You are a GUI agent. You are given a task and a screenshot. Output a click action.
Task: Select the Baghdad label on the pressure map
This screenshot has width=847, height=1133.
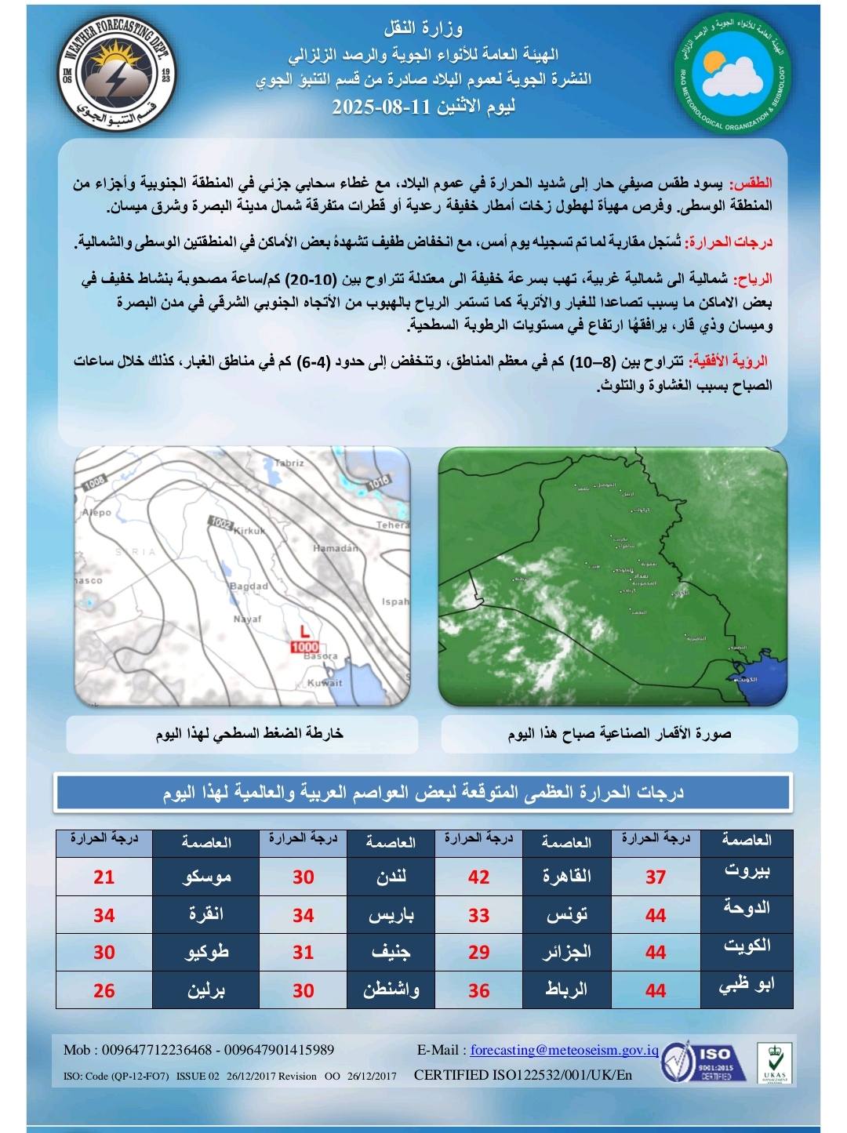click(249, 586)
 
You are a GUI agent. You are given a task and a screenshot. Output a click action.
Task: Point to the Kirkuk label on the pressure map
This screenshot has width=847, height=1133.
click(250, 531)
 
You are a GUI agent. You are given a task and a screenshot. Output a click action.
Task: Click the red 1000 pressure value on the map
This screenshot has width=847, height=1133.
click(304, 647)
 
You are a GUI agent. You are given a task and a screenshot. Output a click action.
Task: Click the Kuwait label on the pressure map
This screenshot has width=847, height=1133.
click(324, 683)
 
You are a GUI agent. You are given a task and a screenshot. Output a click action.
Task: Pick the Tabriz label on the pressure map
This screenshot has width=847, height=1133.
click(289, 463)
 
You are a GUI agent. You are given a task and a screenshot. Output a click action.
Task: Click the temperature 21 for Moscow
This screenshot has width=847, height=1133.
click(104, 877)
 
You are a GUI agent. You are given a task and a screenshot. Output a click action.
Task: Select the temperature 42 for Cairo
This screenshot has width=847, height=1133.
click(478, 877)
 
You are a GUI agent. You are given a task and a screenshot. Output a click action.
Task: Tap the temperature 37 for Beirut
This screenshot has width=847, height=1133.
click(656, 877)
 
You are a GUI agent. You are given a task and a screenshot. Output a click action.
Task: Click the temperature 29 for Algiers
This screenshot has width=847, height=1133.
click(478, 953)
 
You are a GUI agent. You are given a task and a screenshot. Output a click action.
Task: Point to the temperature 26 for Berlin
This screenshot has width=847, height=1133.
click(104, 990)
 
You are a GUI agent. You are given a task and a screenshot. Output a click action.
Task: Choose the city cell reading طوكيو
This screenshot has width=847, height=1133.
click(206, 953)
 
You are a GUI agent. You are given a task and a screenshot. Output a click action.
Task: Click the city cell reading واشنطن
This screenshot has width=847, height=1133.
click(391, 990)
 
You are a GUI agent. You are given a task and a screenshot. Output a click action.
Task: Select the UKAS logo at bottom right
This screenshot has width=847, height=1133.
click(775, 1063)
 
